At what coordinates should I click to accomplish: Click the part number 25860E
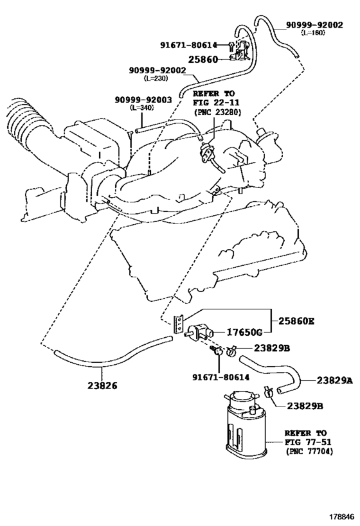(298, 321)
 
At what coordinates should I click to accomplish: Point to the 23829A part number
(334, 380)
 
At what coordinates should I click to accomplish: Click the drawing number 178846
(339, 516)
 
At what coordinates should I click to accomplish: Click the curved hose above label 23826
(109, 352)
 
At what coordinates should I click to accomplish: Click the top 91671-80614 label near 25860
(192, 45)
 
